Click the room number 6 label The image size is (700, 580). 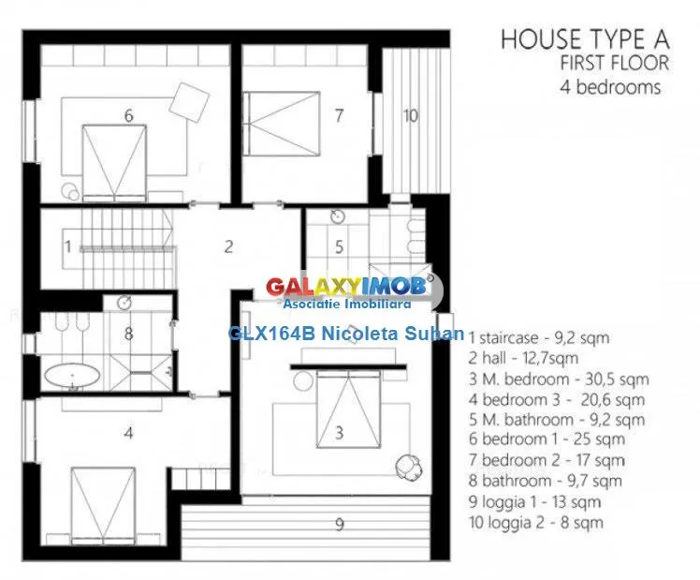(128, 116)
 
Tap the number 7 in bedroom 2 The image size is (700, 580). (340, 115)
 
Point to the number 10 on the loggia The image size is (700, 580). (410, 116)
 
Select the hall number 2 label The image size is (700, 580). (228, 246)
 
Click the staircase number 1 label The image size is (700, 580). (68, 246)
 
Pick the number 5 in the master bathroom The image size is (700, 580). (340, 246)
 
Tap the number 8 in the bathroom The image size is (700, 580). (128, 334)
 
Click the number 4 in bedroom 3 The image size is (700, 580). (128, 433)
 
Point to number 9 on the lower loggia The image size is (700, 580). (340, 524)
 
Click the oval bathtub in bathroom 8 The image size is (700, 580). (72, 376)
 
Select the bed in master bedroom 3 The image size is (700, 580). (348, 408)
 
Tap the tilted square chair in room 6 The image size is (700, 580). (189, 102)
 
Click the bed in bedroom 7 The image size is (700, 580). (282, 124)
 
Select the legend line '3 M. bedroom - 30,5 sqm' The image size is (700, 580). (559, 379)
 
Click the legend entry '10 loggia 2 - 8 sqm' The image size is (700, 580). (535, 522)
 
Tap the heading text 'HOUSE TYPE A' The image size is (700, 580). (585, 38)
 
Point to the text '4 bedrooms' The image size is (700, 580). (610, 87)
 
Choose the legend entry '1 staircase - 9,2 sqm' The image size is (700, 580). (539, 338)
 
